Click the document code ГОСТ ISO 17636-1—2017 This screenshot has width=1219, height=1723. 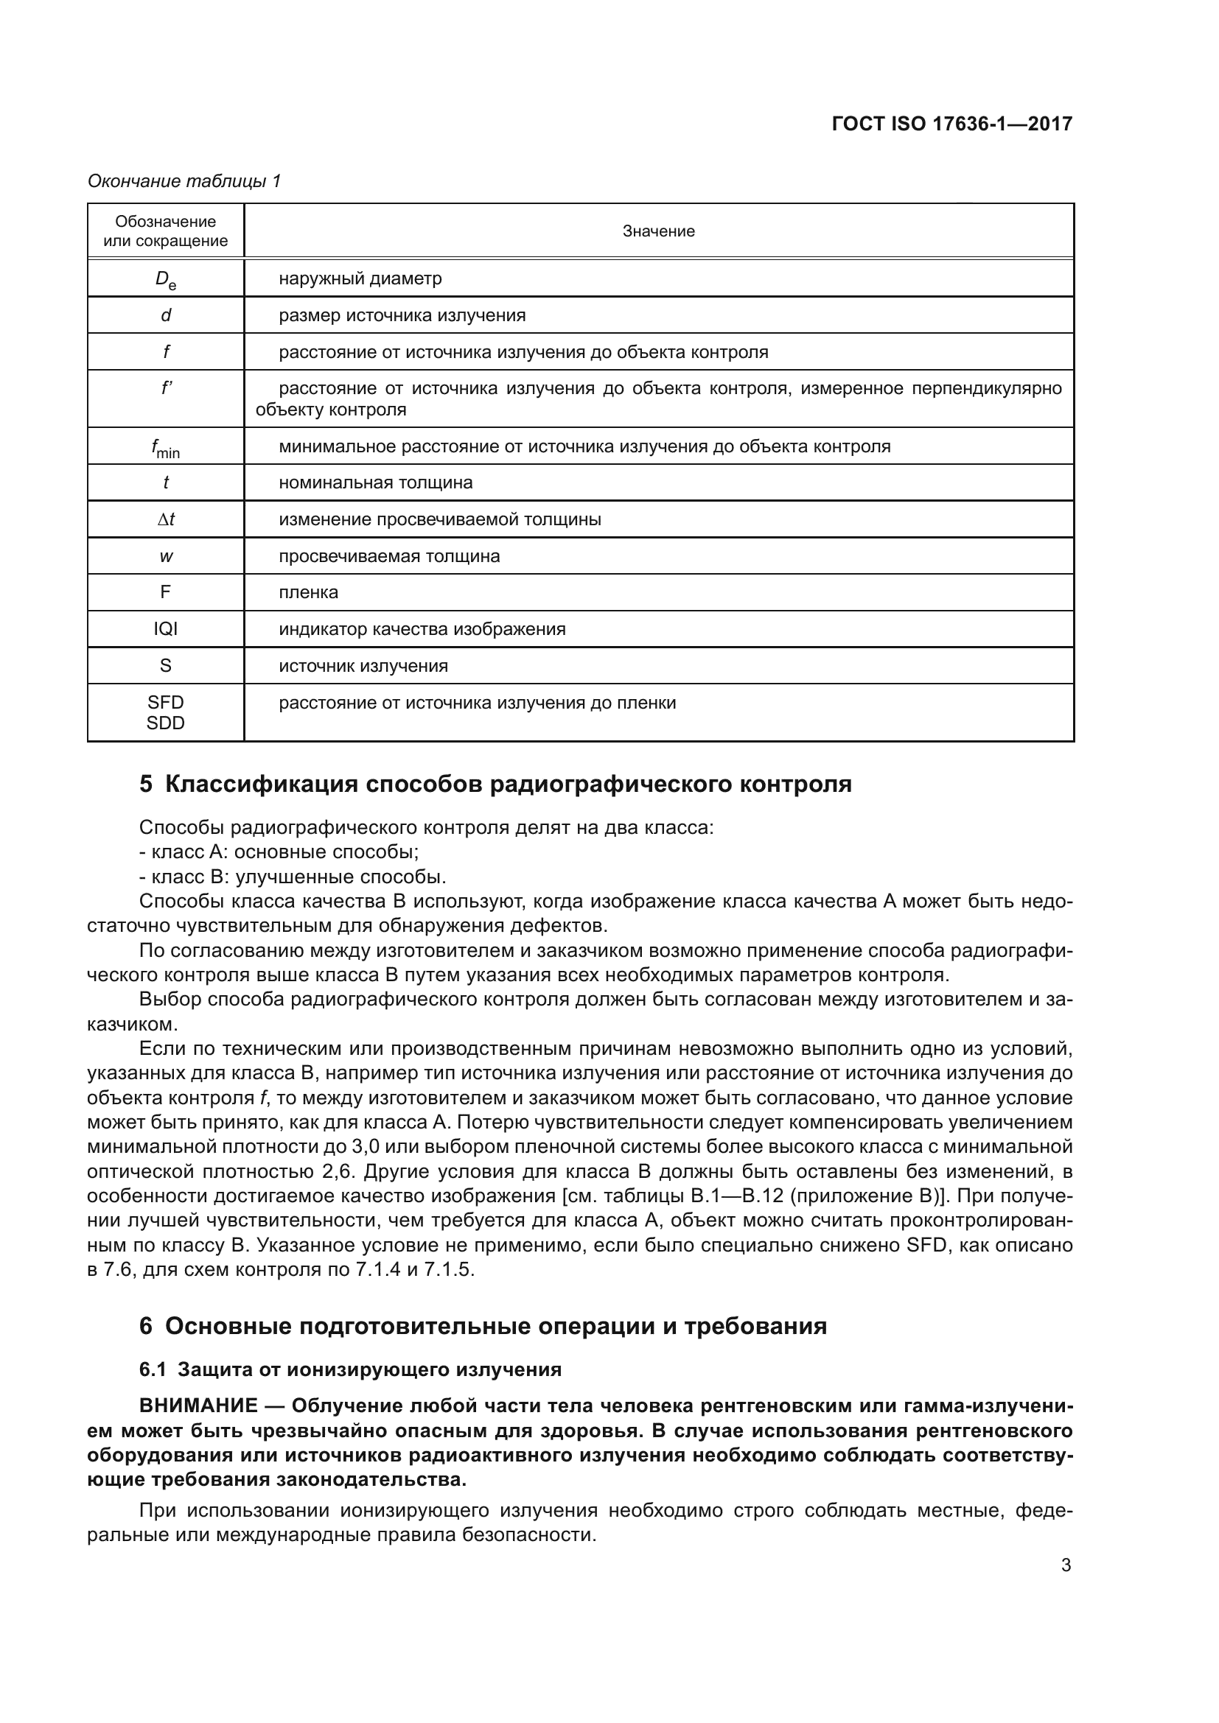click(x=951, y=124)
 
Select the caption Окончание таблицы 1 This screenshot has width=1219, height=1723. click(x=184, y=181)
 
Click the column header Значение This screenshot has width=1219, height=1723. click(x=658, y=231)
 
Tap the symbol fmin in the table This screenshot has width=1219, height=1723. click(x=165, y=448)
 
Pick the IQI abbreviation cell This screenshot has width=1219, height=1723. click(x=165, y=629)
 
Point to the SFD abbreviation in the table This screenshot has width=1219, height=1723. click(x=165, y=703)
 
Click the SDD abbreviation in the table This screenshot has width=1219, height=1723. click(x=165, y=723)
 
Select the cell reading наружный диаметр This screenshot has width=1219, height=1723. click(x=360, y=278)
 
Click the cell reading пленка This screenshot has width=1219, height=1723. click(x=309, y=592)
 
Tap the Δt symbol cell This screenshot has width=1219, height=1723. click(x=165, y=519)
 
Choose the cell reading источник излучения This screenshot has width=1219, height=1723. click(x=363, y=666)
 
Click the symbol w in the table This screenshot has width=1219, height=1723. click(x=165, y=556)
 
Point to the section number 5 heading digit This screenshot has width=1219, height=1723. click(x=146, y=785)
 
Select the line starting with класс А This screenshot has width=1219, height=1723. click(x=279, y=852)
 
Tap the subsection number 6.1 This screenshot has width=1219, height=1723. click(x=153, y=1369)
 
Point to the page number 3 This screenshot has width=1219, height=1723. click(x=1066, y=1565)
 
